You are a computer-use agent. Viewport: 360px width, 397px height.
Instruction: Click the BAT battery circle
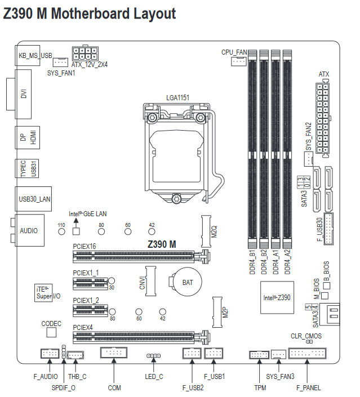click(188, 282)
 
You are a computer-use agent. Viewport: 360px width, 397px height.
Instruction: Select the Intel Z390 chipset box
click(277, 297)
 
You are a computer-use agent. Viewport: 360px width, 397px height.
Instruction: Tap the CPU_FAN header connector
click(239, 61)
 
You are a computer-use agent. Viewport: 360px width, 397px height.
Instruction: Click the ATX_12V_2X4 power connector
click(85, 53)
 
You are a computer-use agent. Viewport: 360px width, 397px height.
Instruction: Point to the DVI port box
click(23, 94)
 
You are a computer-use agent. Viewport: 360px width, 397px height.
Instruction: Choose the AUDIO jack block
click(29, 230)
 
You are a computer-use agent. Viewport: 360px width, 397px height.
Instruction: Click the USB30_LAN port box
click(33, 199)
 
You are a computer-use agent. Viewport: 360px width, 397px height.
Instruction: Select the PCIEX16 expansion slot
click(141, 257)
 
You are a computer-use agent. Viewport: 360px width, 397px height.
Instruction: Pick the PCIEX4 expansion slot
click(141, 337)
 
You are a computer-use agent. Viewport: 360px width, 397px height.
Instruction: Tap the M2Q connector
click(206, 231)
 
